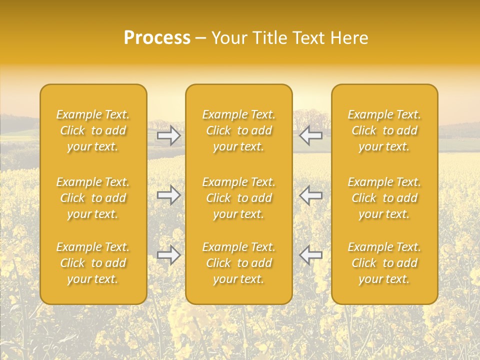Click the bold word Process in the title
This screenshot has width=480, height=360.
click(x=157, y=38)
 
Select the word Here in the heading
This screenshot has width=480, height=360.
click(x=350, y=38)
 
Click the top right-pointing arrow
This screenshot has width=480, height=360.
click(x=168, y=135)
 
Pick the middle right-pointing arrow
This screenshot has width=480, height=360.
click(x=168, y=195)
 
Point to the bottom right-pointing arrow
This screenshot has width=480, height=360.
click(x=168, y=255)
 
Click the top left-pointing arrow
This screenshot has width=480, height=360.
click(x=310, y=135)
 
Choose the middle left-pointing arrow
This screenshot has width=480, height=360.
click(x=310, y=195)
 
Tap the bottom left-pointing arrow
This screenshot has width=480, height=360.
click(x=310, y=255)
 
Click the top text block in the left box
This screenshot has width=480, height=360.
click(x=93, y=130)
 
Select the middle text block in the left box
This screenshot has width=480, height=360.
click(x=93, y=198)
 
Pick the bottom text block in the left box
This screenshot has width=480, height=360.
click(x=93, y=263)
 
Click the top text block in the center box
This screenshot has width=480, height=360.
click(x=238, y=130)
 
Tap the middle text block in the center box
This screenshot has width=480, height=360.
click(x=238, y=198)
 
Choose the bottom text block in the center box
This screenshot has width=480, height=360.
click(x=238, y=263)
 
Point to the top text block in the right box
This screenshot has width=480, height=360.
click(x=384, y=130)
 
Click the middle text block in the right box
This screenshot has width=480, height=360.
click(x=384, y=198)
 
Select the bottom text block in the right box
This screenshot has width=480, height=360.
click(x=384, y=263)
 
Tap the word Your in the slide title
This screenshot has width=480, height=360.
click(x=228, y=38)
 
